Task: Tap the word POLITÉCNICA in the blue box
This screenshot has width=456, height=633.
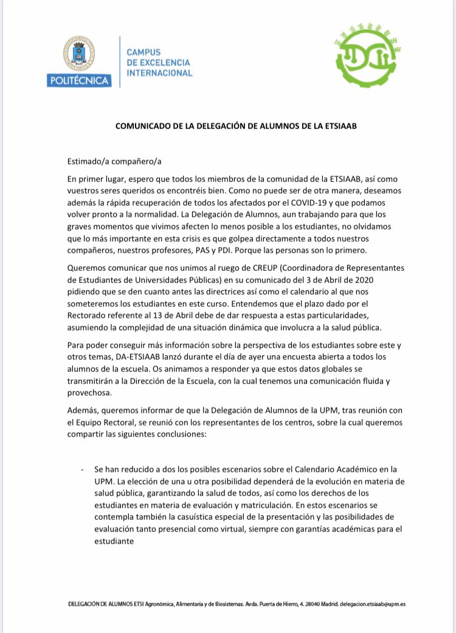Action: pos(78,81)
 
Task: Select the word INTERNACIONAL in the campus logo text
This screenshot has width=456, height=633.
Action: pos(159,74)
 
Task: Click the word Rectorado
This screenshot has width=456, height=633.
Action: pos(91,315)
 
